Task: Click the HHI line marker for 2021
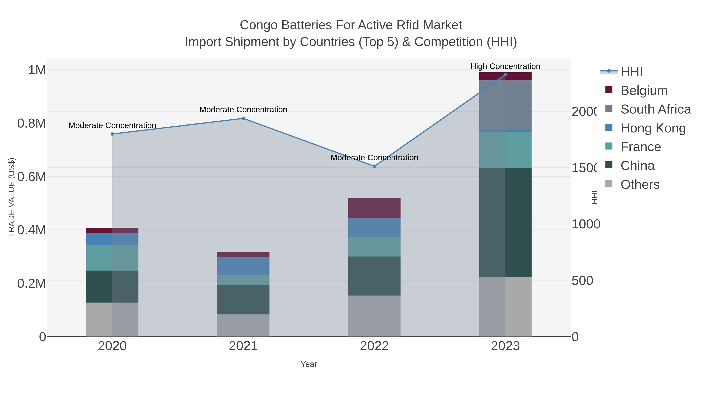pos(243,118)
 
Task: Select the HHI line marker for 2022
pos(374,166)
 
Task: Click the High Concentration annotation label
pos(505,66)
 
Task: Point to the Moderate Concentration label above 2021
pos(243,110)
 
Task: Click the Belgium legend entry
pos(644,90)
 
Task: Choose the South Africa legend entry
pos(655,109)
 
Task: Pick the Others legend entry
pos(640,184)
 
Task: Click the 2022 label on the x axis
pos(374,346)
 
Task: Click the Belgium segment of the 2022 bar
pos(374,208)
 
